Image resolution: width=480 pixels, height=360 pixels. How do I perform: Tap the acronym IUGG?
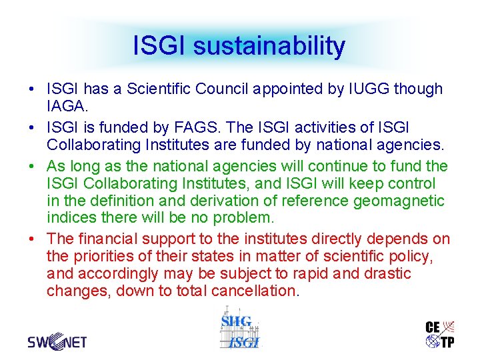[x=367, y=89]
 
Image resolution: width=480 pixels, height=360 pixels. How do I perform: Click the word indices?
[x=70, y=218]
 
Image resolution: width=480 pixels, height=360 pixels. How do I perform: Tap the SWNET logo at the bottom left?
[x=57, y=342]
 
